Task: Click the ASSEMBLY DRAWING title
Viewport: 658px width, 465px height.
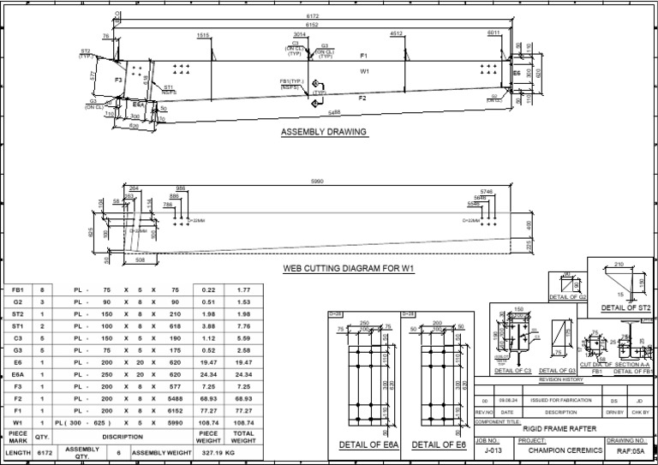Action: point(324,132)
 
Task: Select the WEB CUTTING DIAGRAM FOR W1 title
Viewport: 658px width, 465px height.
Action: point(350,268)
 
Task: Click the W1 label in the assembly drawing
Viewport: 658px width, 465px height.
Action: point(365,72)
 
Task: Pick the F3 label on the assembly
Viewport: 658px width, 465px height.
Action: point(119,80)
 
